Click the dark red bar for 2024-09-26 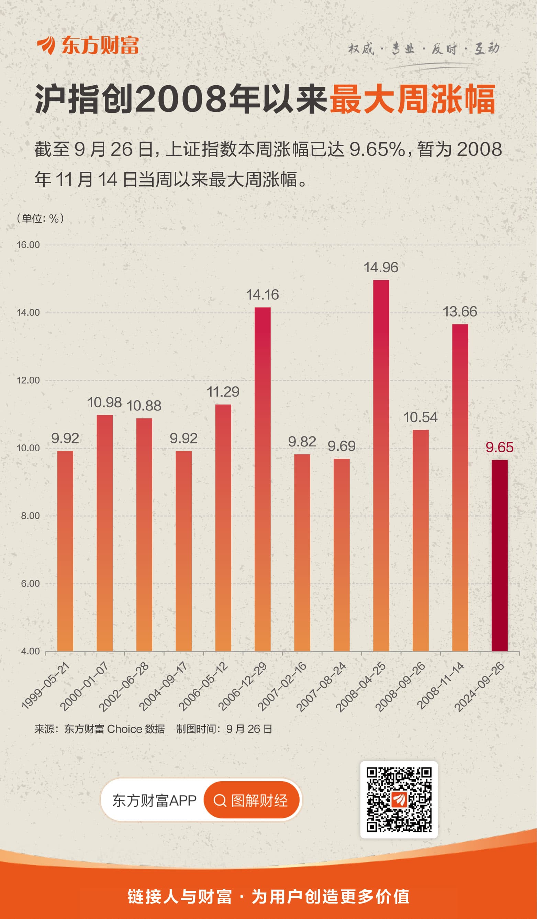point(500,555)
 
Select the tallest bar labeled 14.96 point(381,466)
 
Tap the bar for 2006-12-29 point(262,479)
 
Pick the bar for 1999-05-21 point(65,551)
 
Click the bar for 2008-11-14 point(460,488)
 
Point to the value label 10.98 point(104,402)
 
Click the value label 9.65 point(500,447)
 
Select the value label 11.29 point(223,392)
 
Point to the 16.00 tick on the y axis point(29,245)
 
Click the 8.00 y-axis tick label point(30,516)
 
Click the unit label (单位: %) point(40,219)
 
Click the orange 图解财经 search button point(251,800)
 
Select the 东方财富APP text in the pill point(154,800)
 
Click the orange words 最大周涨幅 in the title point(412,99)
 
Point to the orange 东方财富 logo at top point(88,46)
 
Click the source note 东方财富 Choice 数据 point(114,729)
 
